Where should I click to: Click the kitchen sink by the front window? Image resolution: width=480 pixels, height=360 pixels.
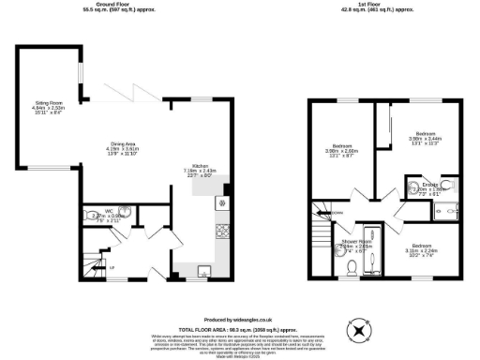coord(203,270)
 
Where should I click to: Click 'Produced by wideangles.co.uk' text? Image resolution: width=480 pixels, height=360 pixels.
coord(239,319)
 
